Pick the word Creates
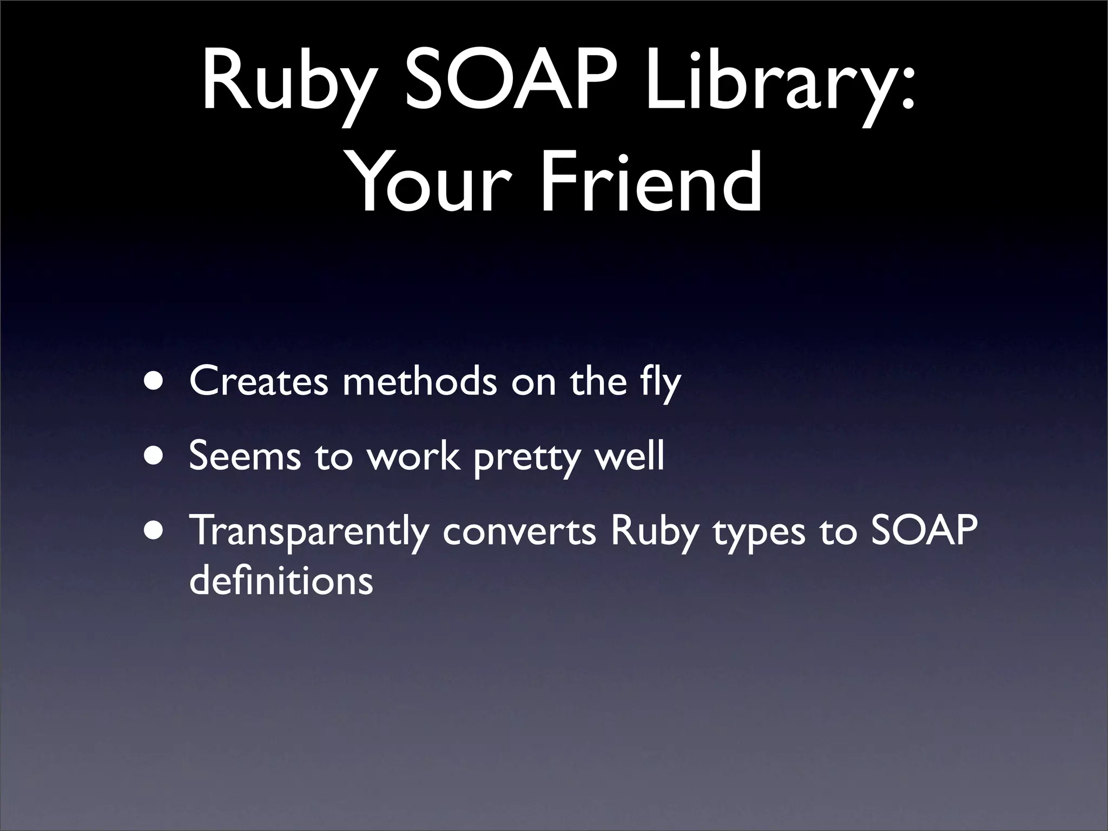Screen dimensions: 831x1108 (259, 381)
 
